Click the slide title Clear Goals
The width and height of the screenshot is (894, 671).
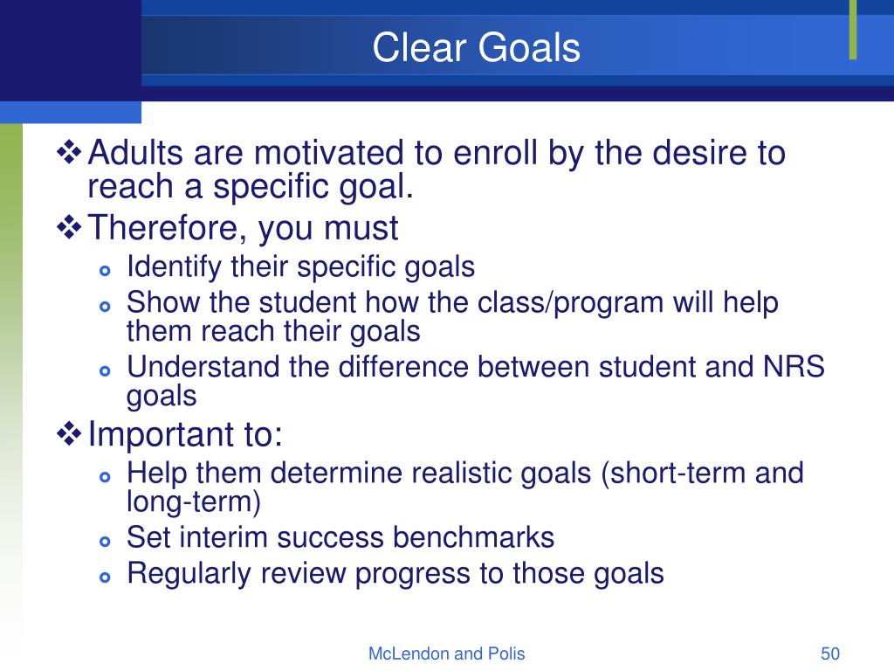[x=476, y=47]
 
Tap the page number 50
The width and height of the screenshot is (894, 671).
[x=830, y=654]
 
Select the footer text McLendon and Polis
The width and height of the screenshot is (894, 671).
[x=446, y=654]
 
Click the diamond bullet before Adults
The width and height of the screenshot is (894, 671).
[x=69, y=152]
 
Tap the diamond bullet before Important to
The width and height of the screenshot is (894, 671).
[x=69, y=434]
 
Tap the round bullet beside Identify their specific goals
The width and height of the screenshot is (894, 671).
[x=105, y=271]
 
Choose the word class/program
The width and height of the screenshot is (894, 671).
[x=570, y=303]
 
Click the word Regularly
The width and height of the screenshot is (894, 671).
[x=189, y=574]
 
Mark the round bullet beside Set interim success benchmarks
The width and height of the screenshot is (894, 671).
[x=105, y=541]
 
